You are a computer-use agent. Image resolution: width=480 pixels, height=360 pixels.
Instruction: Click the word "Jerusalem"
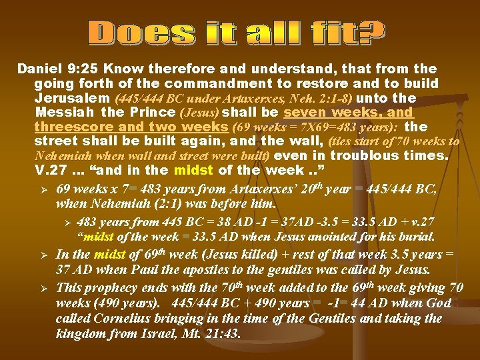[67, 98]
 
